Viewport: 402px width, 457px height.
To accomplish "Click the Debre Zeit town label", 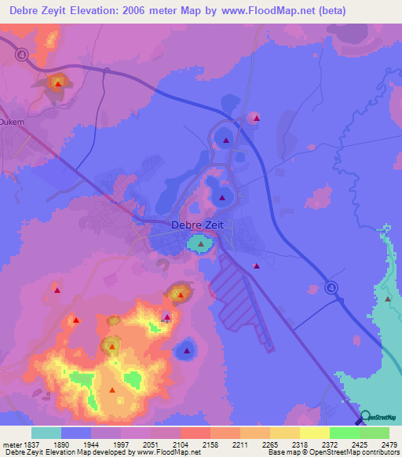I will [x=196, y=226].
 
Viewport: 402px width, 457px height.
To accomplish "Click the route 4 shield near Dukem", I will [x=20, y=54].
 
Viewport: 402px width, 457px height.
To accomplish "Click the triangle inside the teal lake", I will [x=201, y=244].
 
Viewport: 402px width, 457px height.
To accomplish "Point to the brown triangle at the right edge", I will [x=388, y=298].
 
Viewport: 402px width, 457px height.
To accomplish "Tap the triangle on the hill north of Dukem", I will [x=57, y=82].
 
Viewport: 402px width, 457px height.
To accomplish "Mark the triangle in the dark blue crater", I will [x=186, y=350].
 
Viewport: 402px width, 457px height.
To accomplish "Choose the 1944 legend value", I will [x=91, y=444].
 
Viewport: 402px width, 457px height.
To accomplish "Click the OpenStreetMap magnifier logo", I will [x=364, y=417].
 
